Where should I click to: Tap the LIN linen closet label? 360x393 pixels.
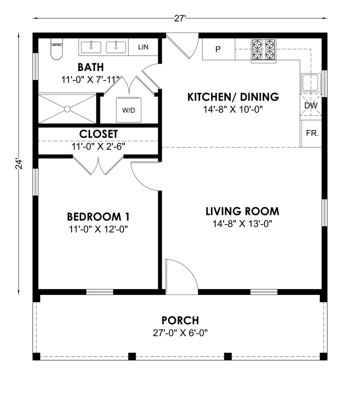143,47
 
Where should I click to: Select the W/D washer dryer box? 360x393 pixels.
128,110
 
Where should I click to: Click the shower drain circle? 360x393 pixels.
67,109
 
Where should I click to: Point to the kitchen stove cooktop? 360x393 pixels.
264,51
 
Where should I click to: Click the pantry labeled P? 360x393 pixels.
218,49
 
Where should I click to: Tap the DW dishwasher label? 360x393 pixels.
311,106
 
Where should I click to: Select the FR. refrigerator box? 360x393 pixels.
312,133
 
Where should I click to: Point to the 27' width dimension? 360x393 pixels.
180,18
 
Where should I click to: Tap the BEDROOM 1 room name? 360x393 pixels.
98,217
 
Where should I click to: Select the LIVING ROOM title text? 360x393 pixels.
242,211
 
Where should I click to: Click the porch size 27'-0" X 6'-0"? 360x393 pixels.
180,333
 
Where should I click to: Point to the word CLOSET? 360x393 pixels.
98,134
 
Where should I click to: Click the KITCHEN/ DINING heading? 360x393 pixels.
233,97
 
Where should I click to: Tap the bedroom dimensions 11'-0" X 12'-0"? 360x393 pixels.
98,229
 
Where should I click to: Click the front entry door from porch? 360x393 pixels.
182,277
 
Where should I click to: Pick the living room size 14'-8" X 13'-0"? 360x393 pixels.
242,224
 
